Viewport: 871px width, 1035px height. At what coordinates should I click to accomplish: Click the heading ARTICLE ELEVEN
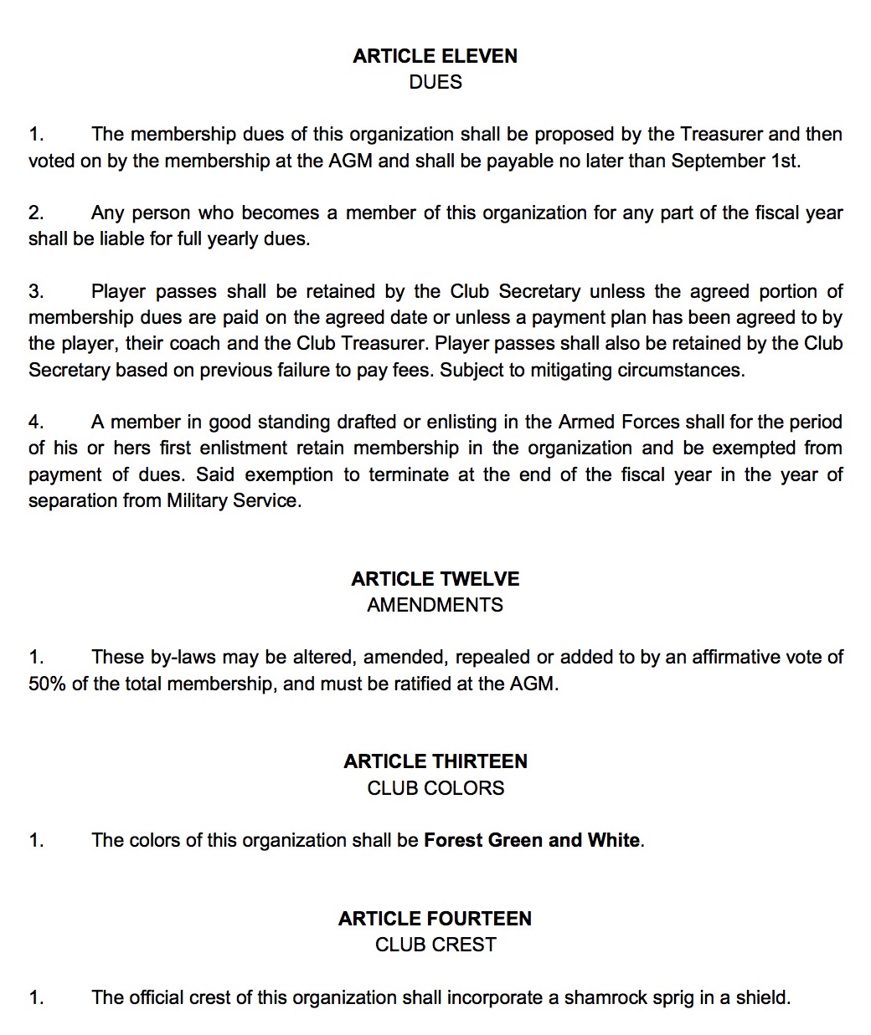pos(435,56)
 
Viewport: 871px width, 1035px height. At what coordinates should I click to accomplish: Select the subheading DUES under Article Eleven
pos(435,82)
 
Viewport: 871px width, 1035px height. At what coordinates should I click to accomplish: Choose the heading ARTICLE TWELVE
pos(435,579)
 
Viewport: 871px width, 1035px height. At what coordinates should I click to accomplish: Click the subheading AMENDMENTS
pos(435,605)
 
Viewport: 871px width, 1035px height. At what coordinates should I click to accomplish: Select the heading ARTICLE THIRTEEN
pos(435,761)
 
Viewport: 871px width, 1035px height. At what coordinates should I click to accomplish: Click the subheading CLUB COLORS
pos(435,788)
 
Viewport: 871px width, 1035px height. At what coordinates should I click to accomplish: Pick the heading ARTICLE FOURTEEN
pos(435,919)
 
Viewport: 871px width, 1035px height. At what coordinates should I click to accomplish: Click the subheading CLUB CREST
pos(435,945)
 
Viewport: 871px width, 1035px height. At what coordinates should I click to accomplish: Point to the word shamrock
pos(605,997)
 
